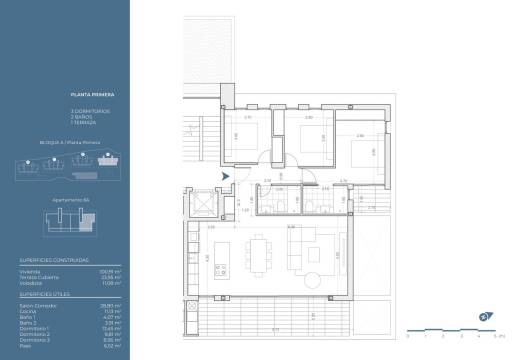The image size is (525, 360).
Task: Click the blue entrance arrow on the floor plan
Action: tap(227, 176)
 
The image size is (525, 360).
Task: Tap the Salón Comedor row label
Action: tap(36, 304)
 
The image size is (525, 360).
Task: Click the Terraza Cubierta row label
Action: tap(38, 277)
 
